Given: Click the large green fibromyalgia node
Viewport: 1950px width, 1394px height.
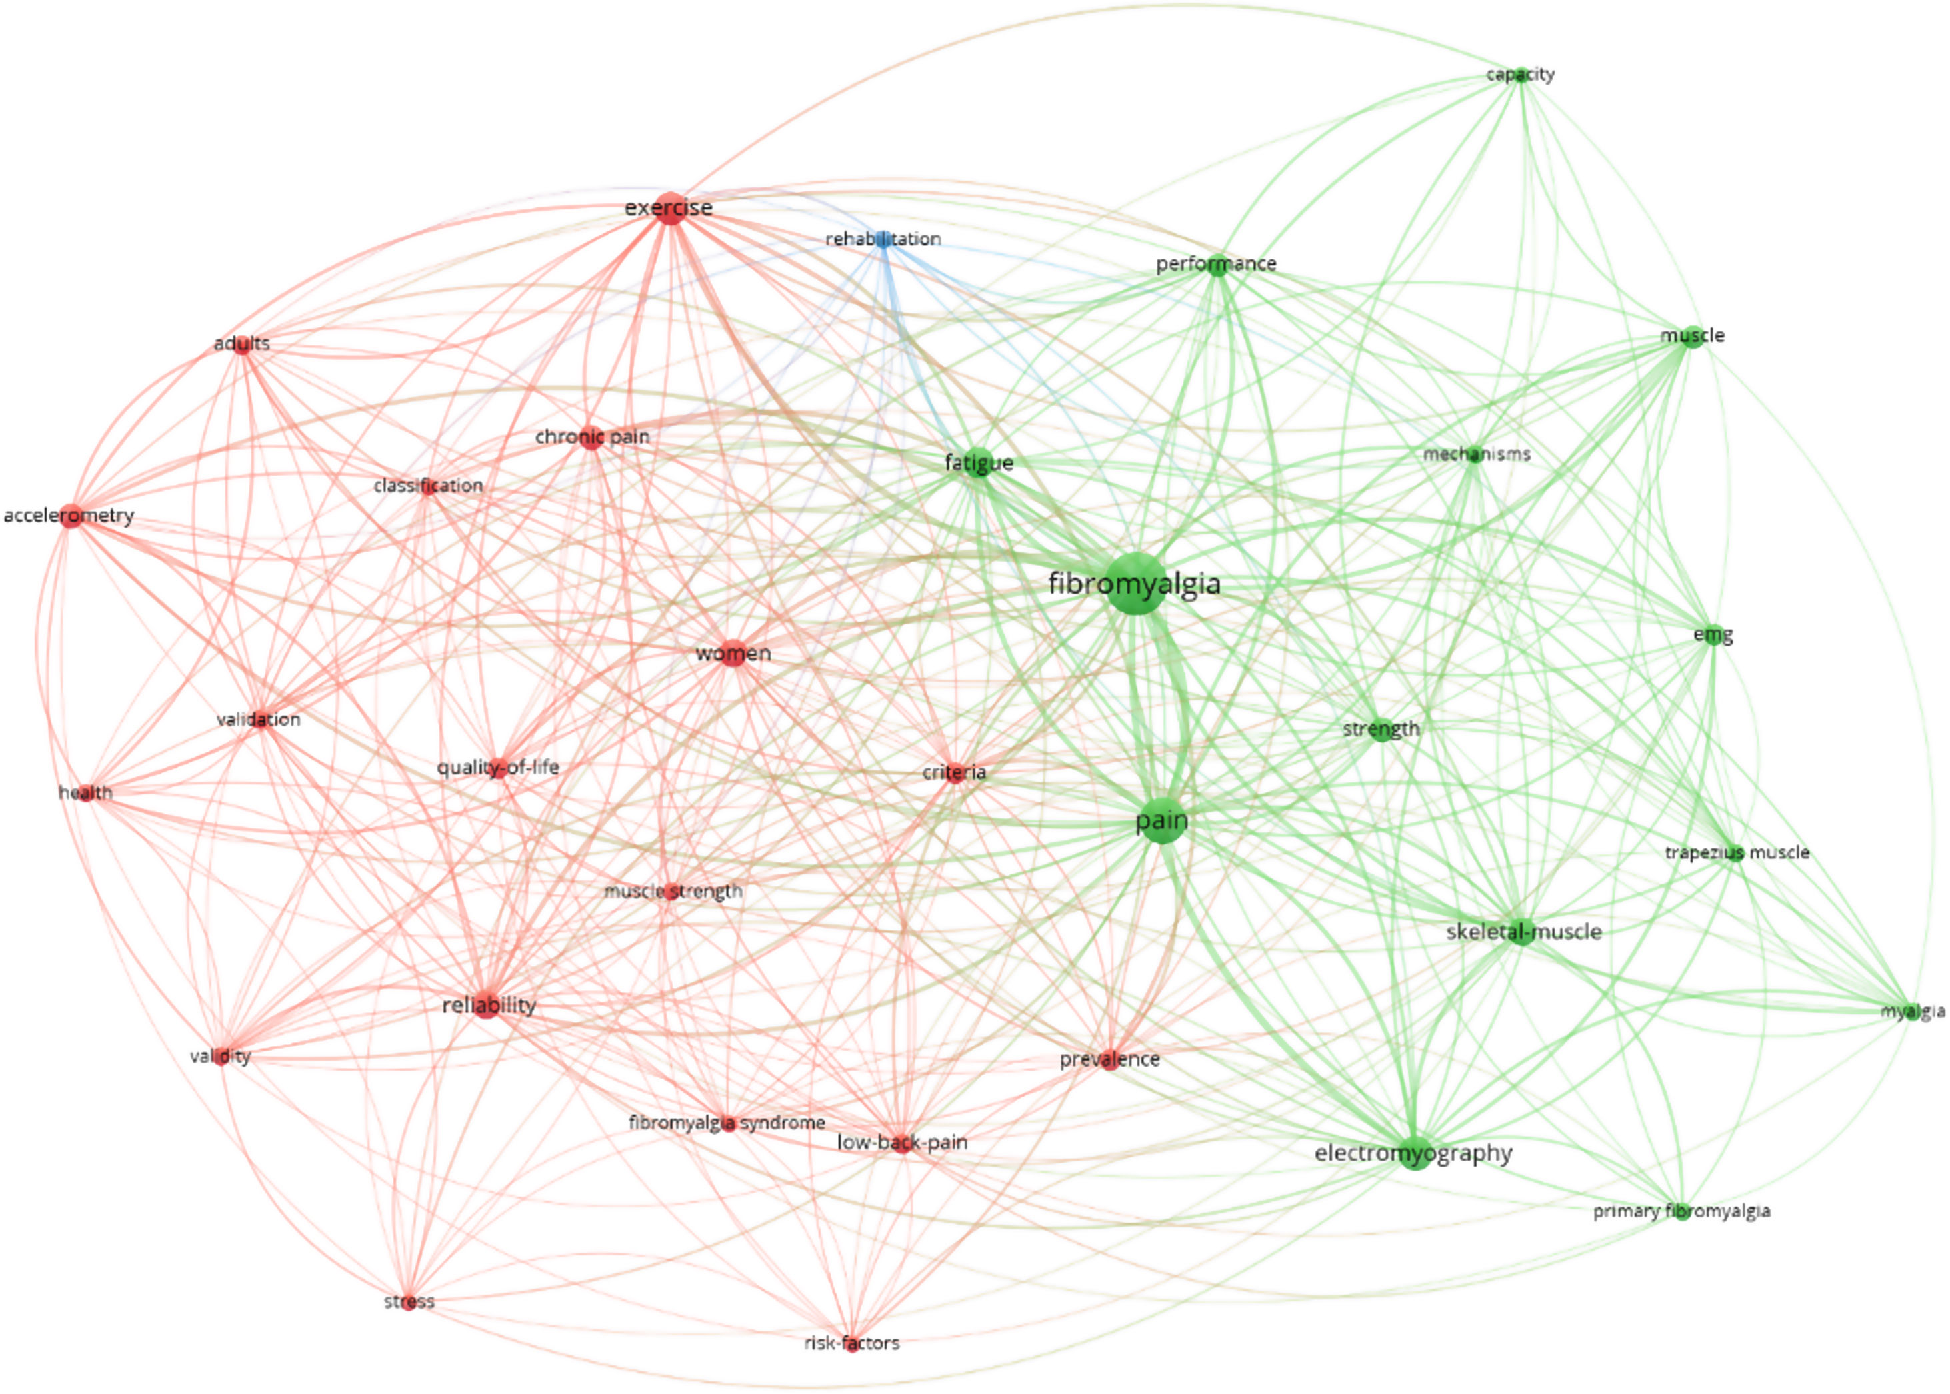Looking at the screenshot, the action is pos(1135,584).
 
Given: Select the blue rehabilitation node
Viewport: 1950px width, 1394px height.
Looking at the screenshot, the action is pos(883,239).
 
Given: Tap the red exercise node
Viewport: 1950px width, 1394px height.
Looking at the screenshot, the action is pos(670,209).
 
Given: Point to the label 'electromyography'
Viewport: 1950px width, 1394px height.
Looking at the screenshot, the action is pos(1413,1153).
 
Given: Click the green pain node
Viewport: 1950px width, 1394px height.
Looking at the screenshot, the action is pos(1162,822).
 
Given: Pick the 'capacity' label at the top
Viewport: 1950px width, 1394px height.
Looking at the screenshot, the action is pos(1520,75).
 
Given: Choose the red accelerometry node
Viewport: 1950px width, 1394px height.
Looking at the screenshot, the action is pos(71,516).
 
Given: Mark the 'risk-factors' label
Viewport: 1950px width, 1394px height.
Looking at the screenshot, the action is pos(851,1343).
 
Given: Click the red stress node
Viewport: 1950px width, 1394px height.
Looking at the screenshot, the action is pos(409,1302).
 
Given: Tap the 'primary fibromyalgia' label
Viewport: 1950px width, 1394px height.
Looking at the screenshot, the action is pos(1681,1211).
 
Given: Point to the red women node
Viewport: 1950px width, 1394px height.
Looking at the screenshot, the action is pos(733,654).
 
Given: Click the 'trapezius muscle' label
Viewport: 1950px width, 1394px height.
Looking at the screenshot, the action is pos(1736,852).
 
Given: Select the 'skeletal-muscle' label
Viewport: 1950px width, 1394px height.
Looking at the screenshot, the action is pos(1523,932).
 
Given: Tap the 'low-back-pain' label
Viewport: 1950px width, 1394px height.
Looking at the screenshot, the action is pos(901,1143).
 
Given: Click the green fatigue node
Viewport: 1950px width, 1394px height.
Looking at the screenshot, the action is pos(978,464).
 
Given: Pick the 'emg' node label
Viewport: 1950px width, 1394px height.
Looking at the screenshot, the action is pos(1712,635).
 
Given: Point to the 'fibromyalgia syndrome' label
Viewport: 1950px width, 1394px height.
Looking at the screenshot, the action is pos(727,1123).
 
